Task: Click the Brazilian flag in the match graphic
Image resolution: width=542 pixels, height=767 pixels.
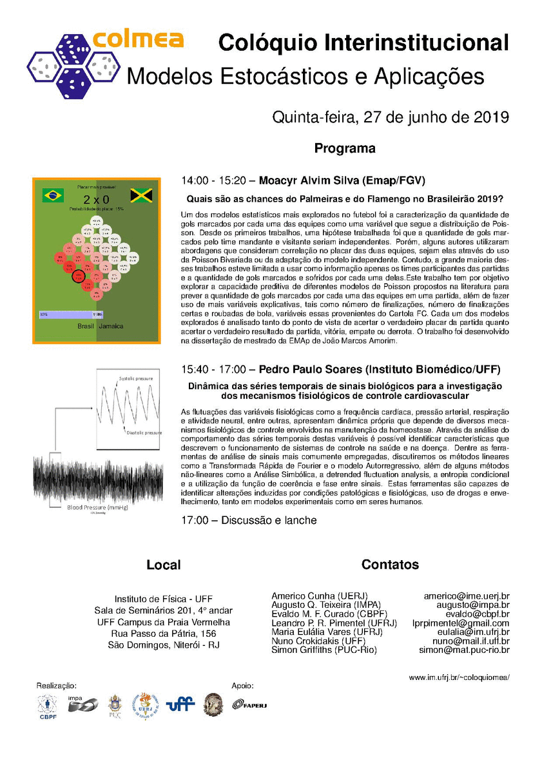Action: pyautogui.click(x=53, y=195)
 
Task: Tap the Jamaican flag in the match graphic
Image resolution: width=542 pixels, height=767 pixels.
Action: pyautogui.click(x=140, y=195)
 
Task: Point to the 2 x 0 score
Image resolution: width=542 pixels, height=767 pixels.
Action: pyautogui.click(x=96, y=200)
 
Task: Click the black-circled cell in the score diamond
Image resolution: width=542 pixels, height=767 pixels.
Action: pyautogui.click(x=79, y=277)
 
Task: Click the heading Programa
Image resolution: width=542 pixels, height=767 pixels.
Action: pyautogui.click(x=345, y=148)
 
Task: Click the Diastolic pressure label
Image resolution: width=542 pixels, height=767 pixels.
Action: pyautogui.click(x=144, y=433)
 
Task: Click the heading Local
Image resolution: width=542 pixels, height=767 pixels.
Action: pyautogui.click(x=164, y=565)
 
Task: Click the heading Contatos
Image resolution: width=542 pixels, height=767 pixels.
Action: pyautogui.click(x=390, y=564)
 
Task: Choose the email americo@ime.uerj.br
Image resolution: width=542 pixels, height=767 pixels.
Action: pyautogui.click(x=466, y=596)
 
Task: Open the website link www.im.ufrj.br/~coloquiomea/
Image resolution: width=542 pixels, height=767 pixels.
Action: pyautogui.click(x=459, y=677)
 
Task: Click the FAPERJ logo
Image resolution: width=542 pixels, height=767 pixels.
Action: pyautogui.click(x=249, y=704)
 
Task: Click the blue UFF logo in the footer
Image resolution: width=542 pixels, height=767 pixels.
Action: pyautogui.click(x=180, y=704)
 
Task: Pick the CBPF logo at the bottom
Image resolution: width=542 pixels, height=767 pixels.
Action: pyautogui.click(x=48, y=706)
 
